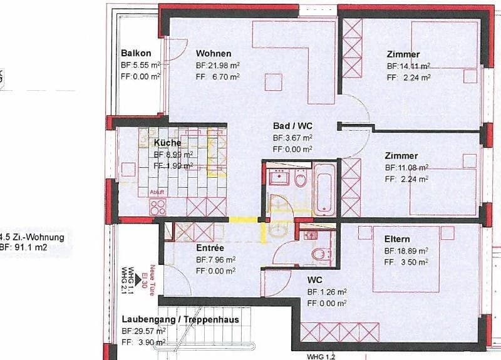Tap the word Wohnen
(213, 53)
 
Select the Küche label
(167, 143)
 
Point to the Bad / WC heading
(293, 125)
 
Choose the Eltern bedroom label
(398, 239)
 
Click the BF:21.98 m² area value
(217, 65)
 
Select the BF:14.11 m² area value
(408, 66)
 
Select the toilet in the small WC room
(320, 254)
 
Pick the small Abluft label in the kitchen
(157, 192)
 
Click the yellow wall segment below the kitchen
(244, 220)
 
